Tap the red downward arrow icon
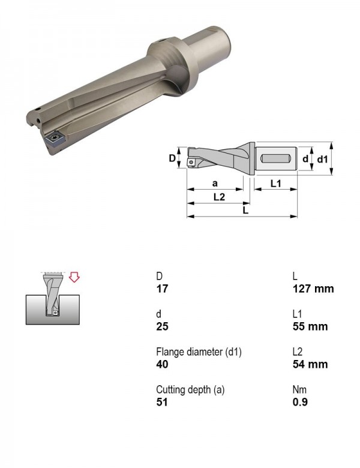[x=74, y=277]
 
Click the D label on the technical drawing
[x=172, y=158]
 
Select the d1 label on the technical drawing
[x=322, y=160]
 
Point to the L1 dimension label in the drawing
[x=276, y=184]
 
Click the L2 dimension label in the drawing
[x=220, y=197]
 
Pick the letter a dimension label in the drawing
[x=215, y=183]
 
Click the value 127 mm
[x=313, y=289]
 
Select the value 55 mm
[x=310, y=326]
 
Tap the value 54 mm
[x=310, y=364]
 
